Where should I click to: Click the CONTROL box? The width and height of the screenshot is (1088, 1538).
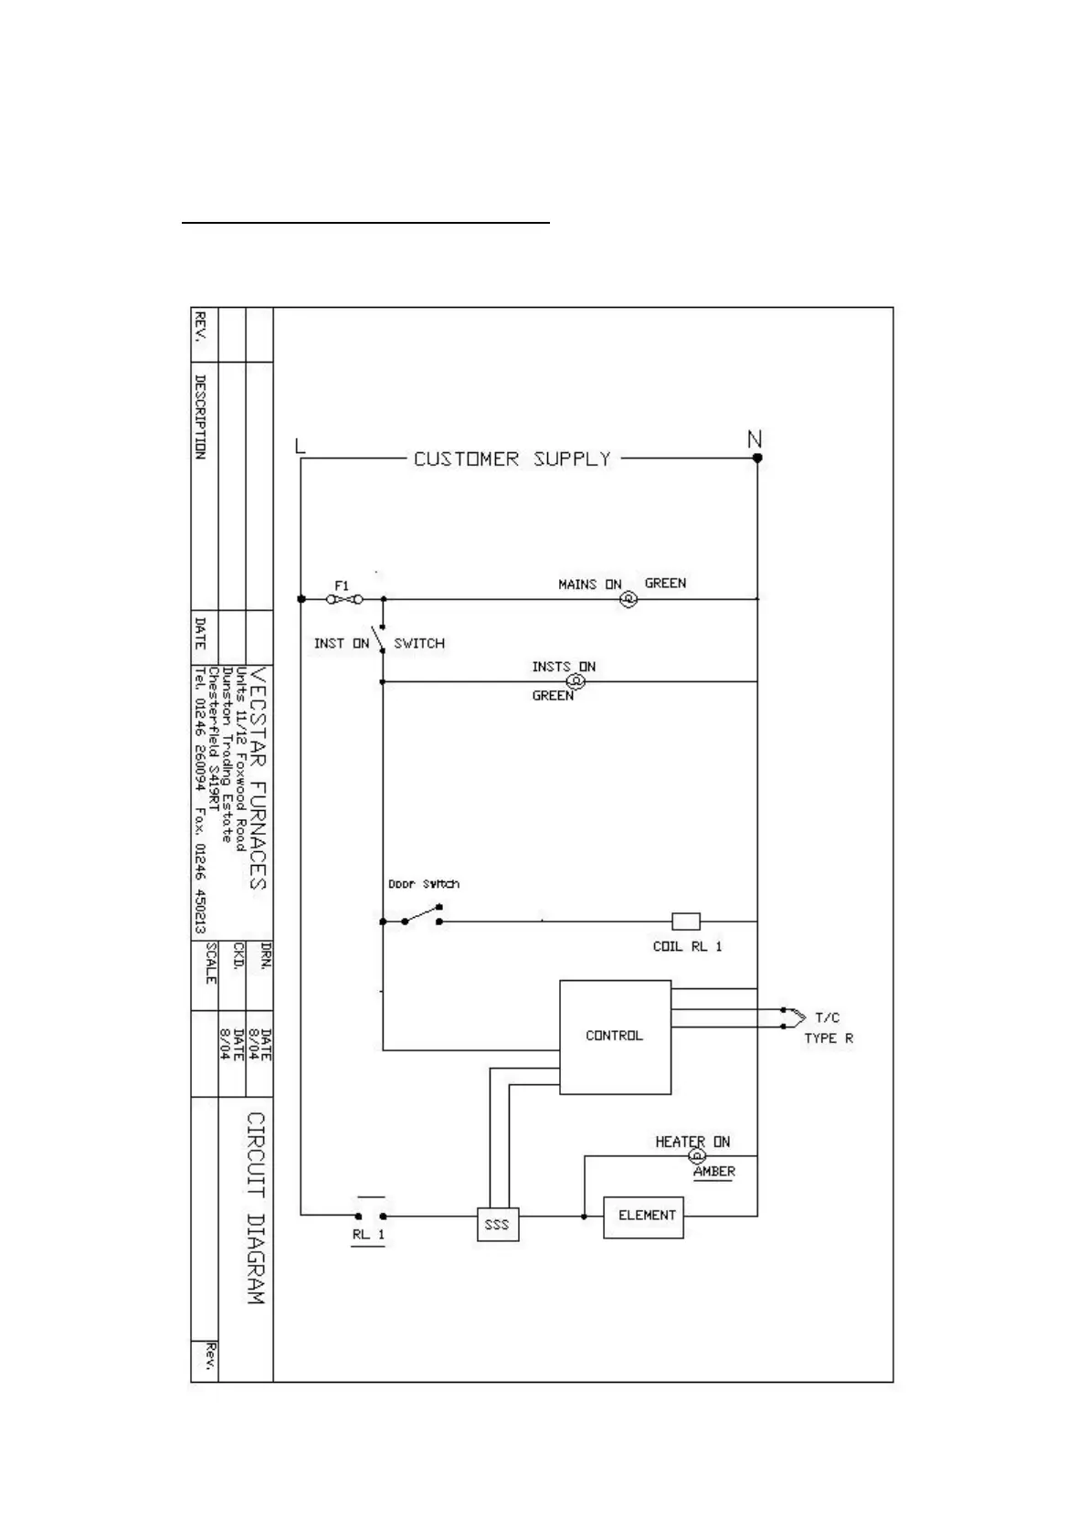tap(615, 1037)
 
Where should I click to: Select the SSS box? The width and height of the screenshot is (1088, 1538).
tap(497, 1224)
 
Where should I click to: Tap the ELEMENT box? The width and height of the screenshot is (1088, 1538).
tap(644, 1217)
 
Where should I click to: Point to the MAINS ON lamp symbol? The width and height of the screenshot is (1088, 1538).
tap(629, 600)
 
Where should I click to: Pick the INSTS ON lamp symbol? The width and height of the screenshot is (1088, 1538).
tap(576, 681)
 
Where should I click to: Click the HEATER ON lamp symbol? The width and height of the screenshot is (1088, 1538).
tap(696, 1156)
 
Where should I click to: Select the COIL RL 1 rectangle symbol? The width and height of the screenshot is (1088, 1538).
tap(686, 921)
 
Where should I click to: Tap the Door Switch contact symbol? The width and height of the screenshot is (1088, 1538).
tap(422, 916)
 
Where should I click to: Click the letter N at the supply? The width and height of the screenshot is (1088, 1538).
tap(755, 440)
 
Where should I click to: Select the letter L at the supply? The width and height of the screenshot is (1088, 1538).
tap(301, 446)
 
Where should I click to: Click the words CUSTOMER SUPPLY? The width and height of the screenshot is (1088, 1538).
tap(512, 458)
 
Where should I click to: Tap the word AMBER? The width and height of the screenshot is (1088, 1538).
tap(713, 1172)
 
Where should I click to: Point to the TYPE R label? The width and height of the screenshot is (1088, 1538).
tap(829, 1038)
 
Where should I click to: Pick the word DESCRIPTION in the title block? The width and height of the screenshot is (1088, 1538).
tap(200, 416)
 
